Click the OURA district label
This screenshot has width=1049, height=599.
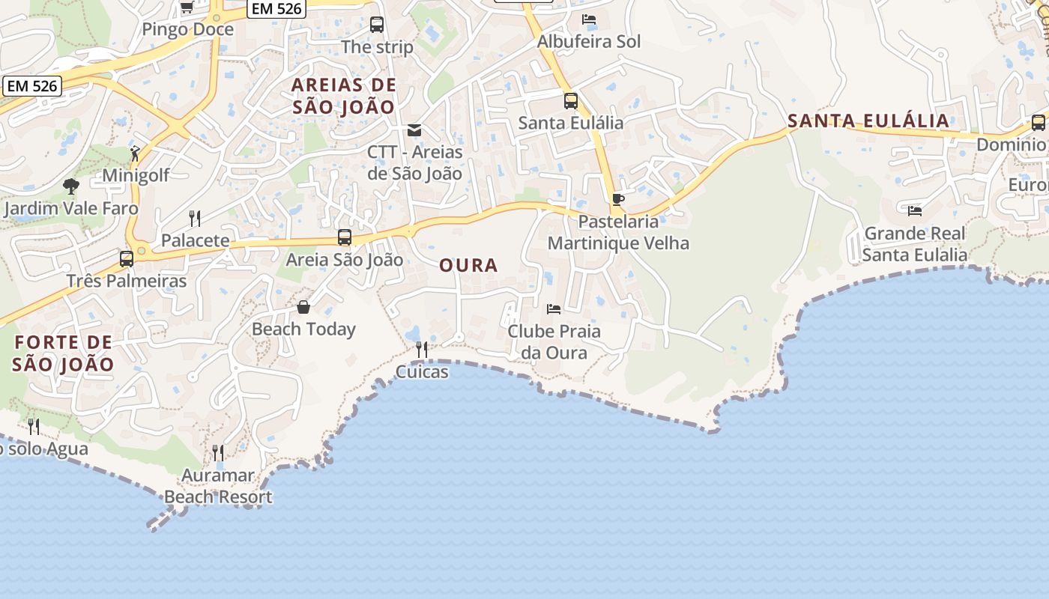tap(468, 265)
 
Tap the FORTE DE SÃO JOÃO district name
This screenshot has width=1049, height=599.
tap(64, 354)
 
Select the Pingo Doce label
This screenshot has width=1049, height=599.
tap(188, 30)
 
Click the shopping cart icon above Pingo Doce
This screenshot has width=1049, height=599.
tap(187, 7)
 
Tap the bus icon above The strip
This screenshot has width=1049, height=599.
tap(377, 25)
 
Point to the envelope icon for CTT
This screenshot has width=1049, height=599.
tap(414, 130)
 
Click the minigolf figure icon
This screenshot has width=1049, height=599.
tap(135, 153)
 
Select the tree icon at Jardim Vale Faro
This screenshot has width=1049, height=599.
tap(71, 186)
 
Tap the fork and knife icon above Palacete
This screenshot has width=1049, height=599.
tap(195, 218)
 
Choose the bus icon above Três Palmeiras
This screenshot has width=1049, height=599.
tap(127, 259)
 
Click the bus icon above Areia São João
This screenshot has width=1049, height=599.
tap(345, 237)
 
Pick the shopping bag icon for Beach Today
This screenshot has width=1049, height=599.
tap(303, 307)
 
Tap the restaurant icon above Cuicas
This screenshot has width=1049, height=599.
tap(422, 350)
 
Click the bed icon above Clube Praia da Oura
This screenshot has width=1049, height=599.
tap(554, 308)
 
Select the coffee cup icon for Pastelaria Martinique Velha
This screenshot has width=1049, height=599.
tap(617, 199)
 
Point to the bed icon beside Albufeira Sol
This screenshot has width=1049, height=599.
tap(589, 19)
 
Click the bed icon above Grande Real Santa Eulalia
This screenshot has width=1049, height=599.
tap(914, 211)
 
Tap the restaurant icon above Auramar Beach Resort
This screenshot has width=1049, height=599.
tap(217, 452)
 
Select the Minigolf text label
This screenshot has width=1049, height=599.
tap(136, 175)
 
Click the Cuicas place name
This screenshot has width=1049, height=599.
tap(422, 371)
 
